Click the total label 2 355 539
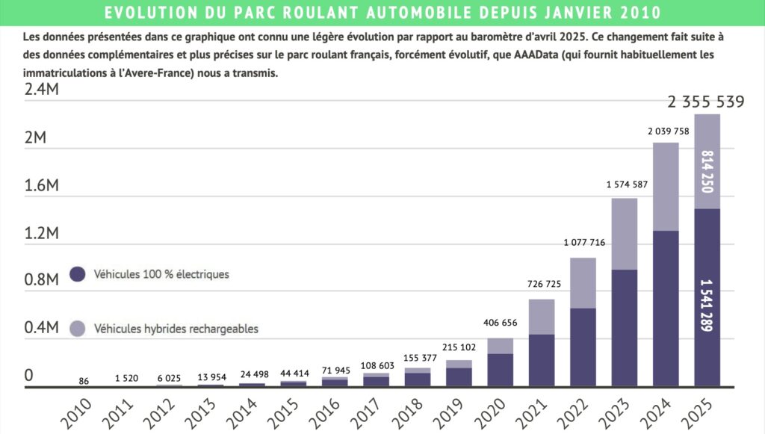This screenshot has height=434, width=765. [706, 102]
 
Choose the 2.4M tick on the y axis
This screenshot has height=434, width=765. [42, 90]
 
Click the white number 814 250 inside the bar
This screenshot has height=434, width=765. [707, 171]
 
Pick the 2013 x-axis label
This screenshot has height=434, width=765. [203, 412]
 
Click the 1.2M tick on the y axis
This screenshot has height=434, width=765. [42, 233]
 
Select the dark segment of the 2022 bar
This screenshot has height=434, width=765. [583, 347]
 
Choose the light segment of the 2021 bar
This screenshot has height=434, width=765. [542, 317]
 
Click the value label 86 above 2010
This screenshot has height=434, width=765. [84, 381]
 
